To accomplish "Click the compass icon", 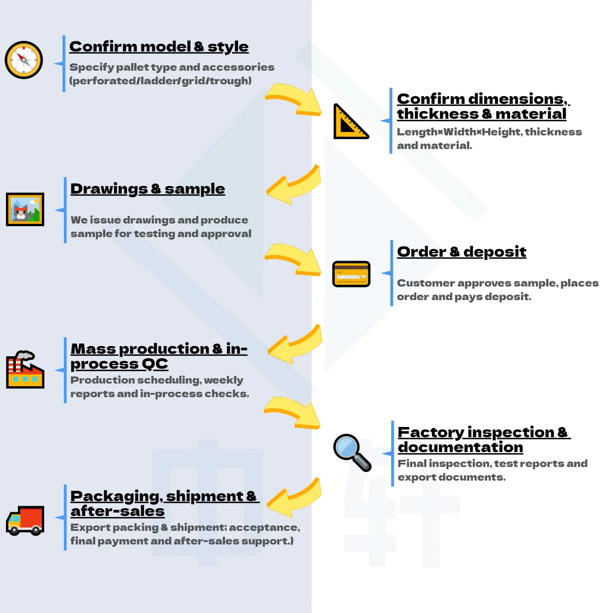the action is point(24,60).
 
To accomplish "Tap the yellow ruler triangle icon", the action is point(351,121).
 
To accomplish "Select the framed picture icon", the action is point(25,209).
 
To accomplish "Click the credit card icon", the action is point(351,274).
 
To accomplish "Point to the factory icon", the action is point(25,370).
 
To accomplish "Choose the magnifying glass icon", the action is point(352,453).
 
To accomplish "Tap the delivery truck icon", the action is point(25,521).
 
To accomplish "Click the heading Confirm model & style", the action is point(159,47).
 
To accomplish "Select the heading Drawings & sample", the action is point(148,189).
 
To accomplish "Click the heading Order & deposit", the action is point(461,252).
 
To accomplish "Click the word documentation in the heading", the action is point(460,447).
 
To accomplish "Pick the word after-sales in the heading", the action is point(117,511).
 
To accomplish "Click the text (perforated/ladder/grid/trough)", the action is point(160,81).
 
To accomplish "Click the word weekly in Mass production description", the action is point(223,380).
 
